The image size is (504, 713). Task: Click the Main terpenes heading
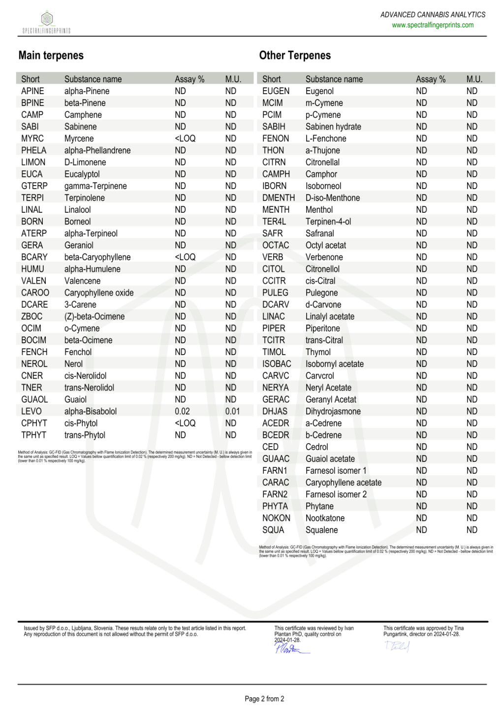point(51,55)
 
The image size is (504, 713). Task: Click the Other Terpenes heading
point(295,55)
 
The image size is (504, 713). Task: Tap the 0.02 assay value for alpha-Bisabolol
point(182,411)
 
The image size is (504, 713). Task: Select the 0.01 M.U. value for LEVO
point(232,411)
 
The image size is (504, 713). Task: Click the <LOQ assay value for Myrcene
point(185,138)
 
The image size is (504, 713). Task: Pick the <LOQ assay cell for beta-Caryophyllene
point(185,257)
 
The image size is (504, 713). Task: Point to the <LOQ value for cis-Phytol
point(185,423)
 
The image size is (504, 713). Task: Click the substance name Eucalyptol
point(82,174)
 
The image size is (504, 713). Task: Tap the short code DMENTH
point(278,197)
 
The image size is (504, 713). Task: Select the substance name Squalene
point(321,530)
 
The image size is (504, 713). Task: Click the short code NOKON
point(276,518)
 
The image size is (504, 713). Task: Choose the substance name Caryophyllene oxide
point(99,292)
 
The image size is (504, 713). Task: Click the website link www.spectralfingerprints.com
point(433,25)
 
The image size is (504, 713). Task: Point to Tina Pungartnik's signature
point(397,646)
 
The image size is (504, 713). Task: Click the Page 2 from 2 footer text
point(264,699)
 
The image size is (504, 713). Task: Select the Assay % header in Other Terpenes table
point(430,79)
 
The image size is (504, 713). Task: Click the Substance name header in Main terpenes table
point(93,79)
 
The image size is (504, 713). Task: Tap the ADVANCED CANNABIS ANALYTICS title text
point(433,15)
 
